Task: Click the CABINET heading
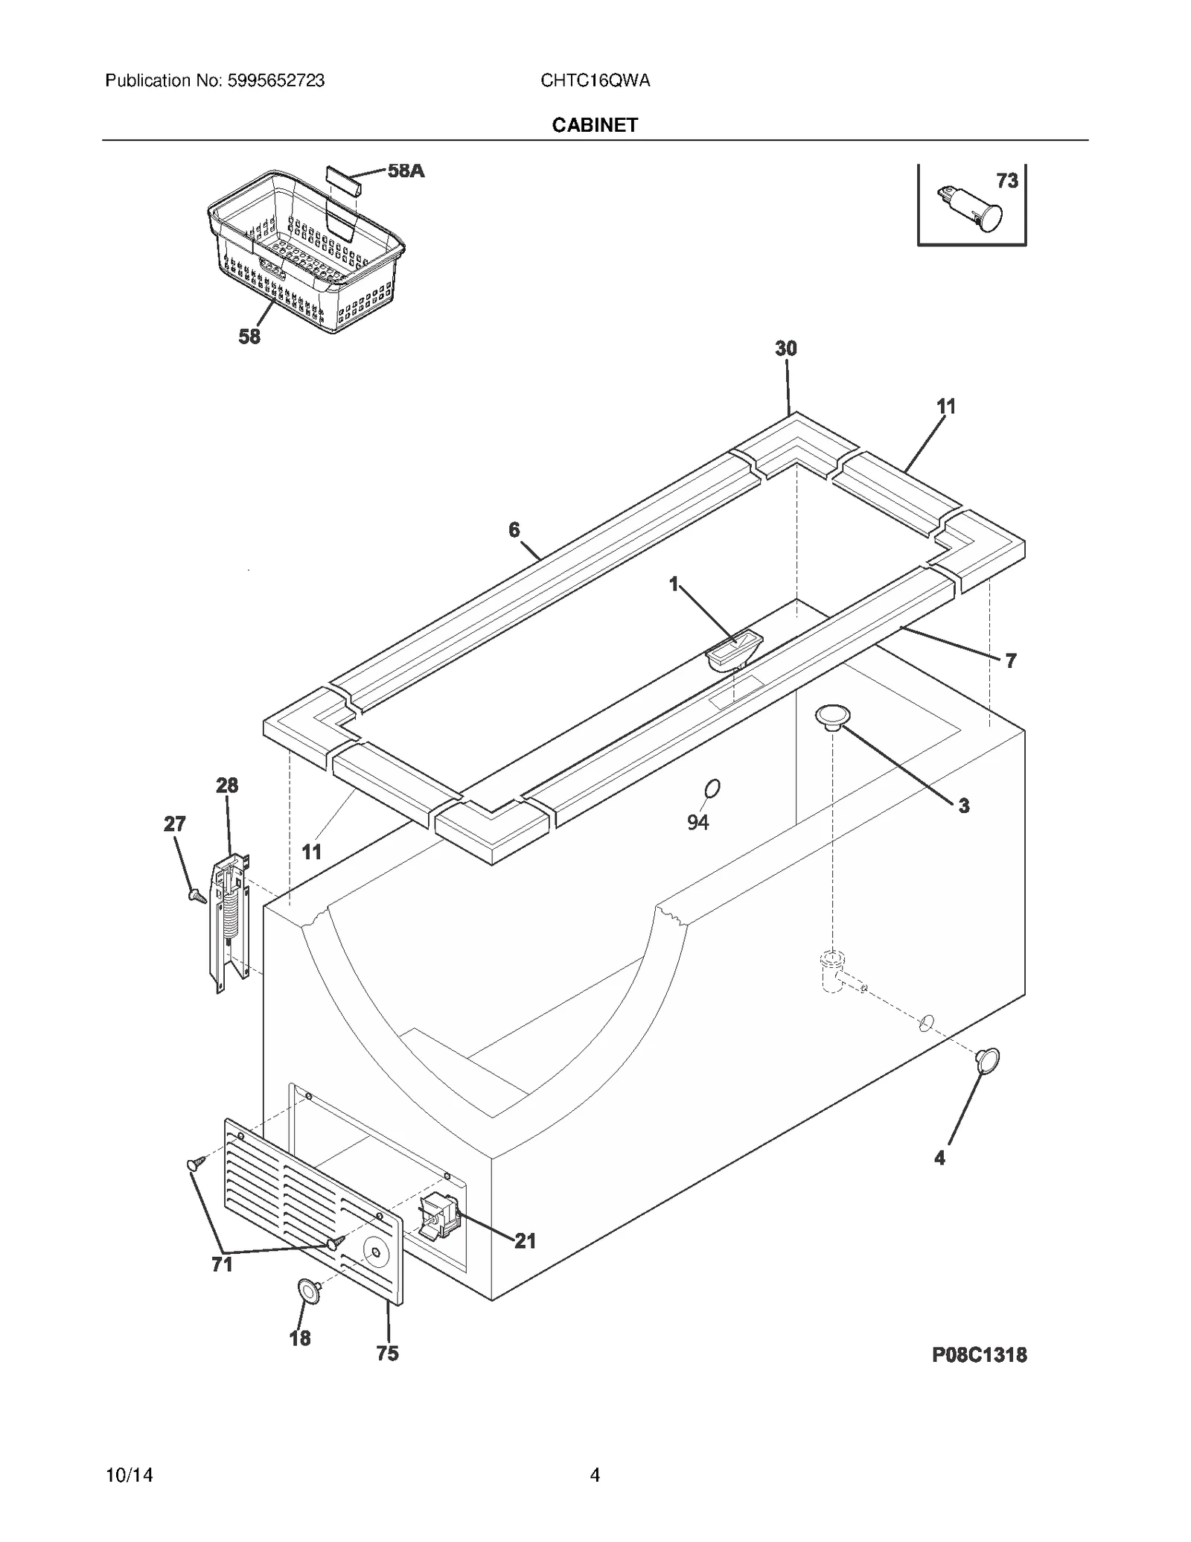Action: (x=594, y=125)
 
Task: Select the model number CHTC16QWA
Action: (x=595, y=80)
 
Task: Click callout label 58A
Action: (x=406, y=171)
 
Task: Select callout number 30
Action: (x=785, y=348)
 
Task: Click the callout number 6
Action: (x=514, y=529)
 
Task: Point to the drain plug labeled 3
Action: (x=832, y=717)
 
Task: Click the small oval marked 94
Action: (x=712, y=788)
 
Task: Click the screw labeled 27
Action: (x=197, y=896)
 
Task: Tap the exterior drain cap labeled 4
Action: (x=988, y=1061)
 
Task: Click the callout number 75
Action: (x=387, y=1353)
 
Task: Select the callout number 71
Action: (x=222, y=1264)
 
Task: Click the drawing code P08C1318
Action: (x=979, y=1354)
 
